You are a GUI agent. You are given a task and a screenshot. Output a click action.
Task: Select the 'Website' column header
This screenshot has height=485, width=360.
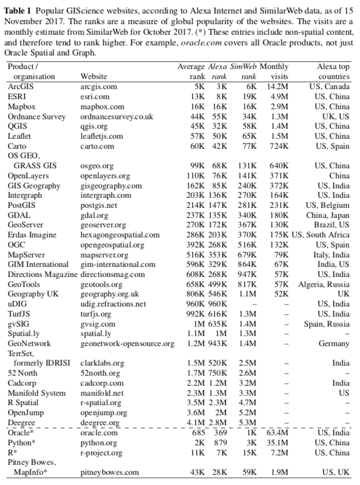click(95, 76)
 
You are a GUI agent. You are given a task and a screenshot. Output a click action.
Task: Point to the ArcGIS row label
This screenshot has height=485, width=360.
click(21, 86)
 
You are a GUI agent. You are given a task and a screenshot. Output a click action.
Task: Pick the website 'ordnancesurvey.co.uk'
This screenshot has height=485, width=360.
click(116, 116)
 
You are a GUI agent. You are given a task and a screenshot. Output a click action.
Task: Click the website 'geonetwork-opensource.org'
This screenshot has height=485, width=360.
click(125, 343)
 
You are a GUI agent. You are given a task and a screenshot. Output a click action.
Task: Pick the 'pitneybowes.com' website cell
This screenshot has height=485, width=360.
click(109, 473)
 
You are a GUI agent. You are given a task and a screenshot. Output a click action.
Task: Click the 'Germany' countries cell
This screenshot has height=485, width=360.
click(334, 343)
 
